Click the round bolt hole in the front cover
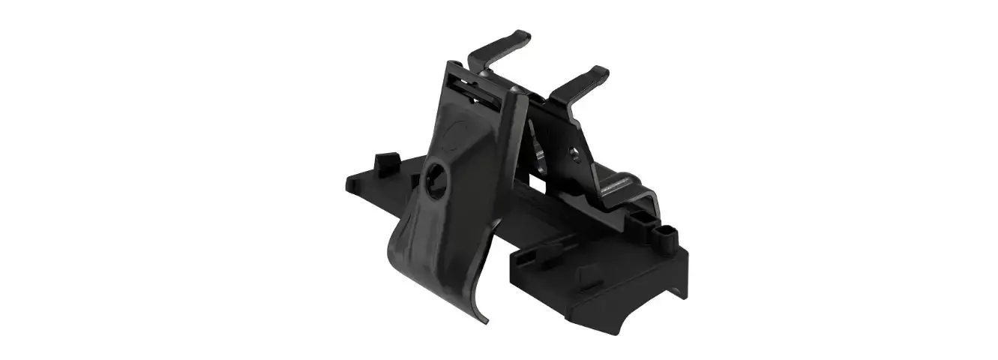point(434,178)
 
